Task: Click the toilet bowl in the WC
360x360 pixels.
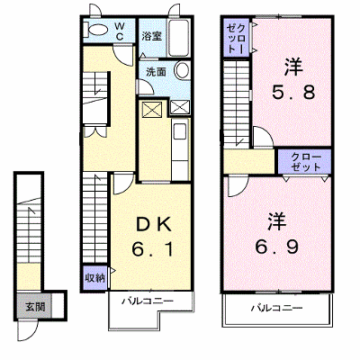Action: point(98,30)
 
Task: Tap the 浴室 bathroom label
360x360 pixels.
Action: point(151,36)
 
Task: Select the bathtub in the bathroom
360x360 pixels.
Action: point(178,38)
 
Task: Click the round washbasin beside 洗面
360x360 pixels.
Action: point(182,70)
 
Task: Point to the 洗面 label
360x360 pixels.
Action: point(156,72)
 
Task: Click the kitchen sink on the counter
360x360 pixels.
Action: point(180,131)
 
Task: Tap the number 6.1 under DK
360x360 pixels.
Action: point(153,249)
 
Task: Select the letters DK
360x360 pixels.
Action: point(154,225)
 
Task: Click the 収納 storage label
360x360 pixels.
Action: point(94,278)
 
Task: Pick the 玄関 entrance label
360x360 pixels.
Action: point(35,307)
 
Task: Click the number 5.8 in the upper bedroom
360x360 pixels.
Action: point(293,92)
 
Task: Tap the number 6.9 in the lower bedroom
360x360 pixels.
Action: point(277,247)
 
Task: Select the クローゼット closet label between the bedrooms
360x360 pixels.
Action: point(306,162)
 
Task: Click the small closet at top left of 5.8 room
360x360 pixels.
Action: point(237,38)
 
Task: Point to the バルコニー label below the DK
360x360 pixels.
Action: point(148,301)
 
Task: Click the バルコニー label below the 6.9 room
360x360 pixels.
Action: point(276,308)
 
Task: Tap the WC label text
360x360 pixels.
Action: point(120,31)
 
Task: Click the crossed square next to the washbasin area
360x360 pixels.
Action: point(180,107)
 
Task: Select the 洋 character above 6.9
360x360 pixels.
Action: point(277,221)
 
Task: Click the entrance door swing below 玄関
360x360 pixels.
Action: point(28,330)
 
